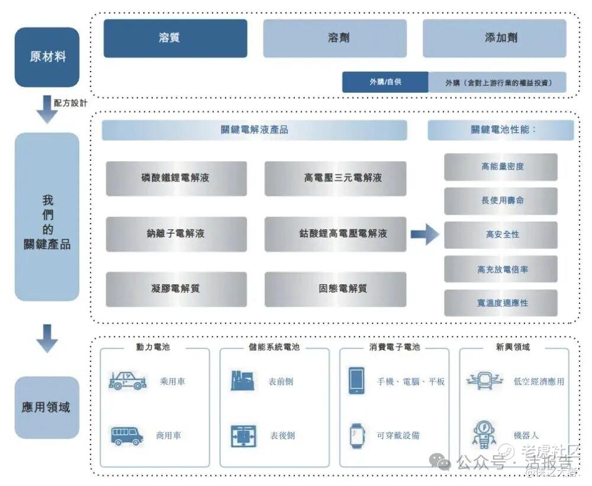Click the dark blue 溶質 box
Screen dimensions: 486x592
tap(175, 38)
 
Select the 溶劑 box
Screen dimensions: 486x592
tap(334, 38)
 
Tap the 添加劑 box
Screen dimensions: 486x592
tap(494, 38)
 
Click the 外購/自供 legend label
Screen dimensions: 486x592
tap(385, 82)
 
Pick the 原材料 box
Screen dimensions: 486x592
tap(47, 57)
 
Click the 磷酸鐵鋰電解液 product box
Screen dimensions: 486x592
tap(176, 178)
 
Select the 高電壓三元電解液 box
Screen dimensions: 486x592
tap(335, 178)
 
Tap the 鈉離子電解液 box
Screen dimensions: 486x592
tap(176, 234)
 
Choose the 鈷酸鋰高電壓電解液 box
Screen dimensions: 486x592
tap(335, 234)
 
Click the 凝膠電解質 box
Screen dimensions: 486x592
tap(176, 289)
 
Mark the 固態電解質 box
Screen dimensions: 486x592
tap(335, 289)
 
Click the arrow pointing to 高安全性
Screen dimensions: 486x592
tap(424, 234)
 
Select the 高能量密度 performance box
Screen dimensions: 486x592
tap(501, 167)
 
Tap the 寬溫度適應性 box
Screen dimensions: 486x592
tap(501, 303)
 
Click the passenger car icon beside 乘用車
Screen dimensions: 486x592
tap(127, 381)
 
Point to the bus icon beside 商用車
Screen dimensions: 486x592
tap(127, 436)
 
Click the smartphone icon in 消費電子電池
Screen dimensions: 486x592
tap(356, 381)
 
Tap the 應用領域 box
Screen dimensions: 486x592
tap(47, 407)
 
